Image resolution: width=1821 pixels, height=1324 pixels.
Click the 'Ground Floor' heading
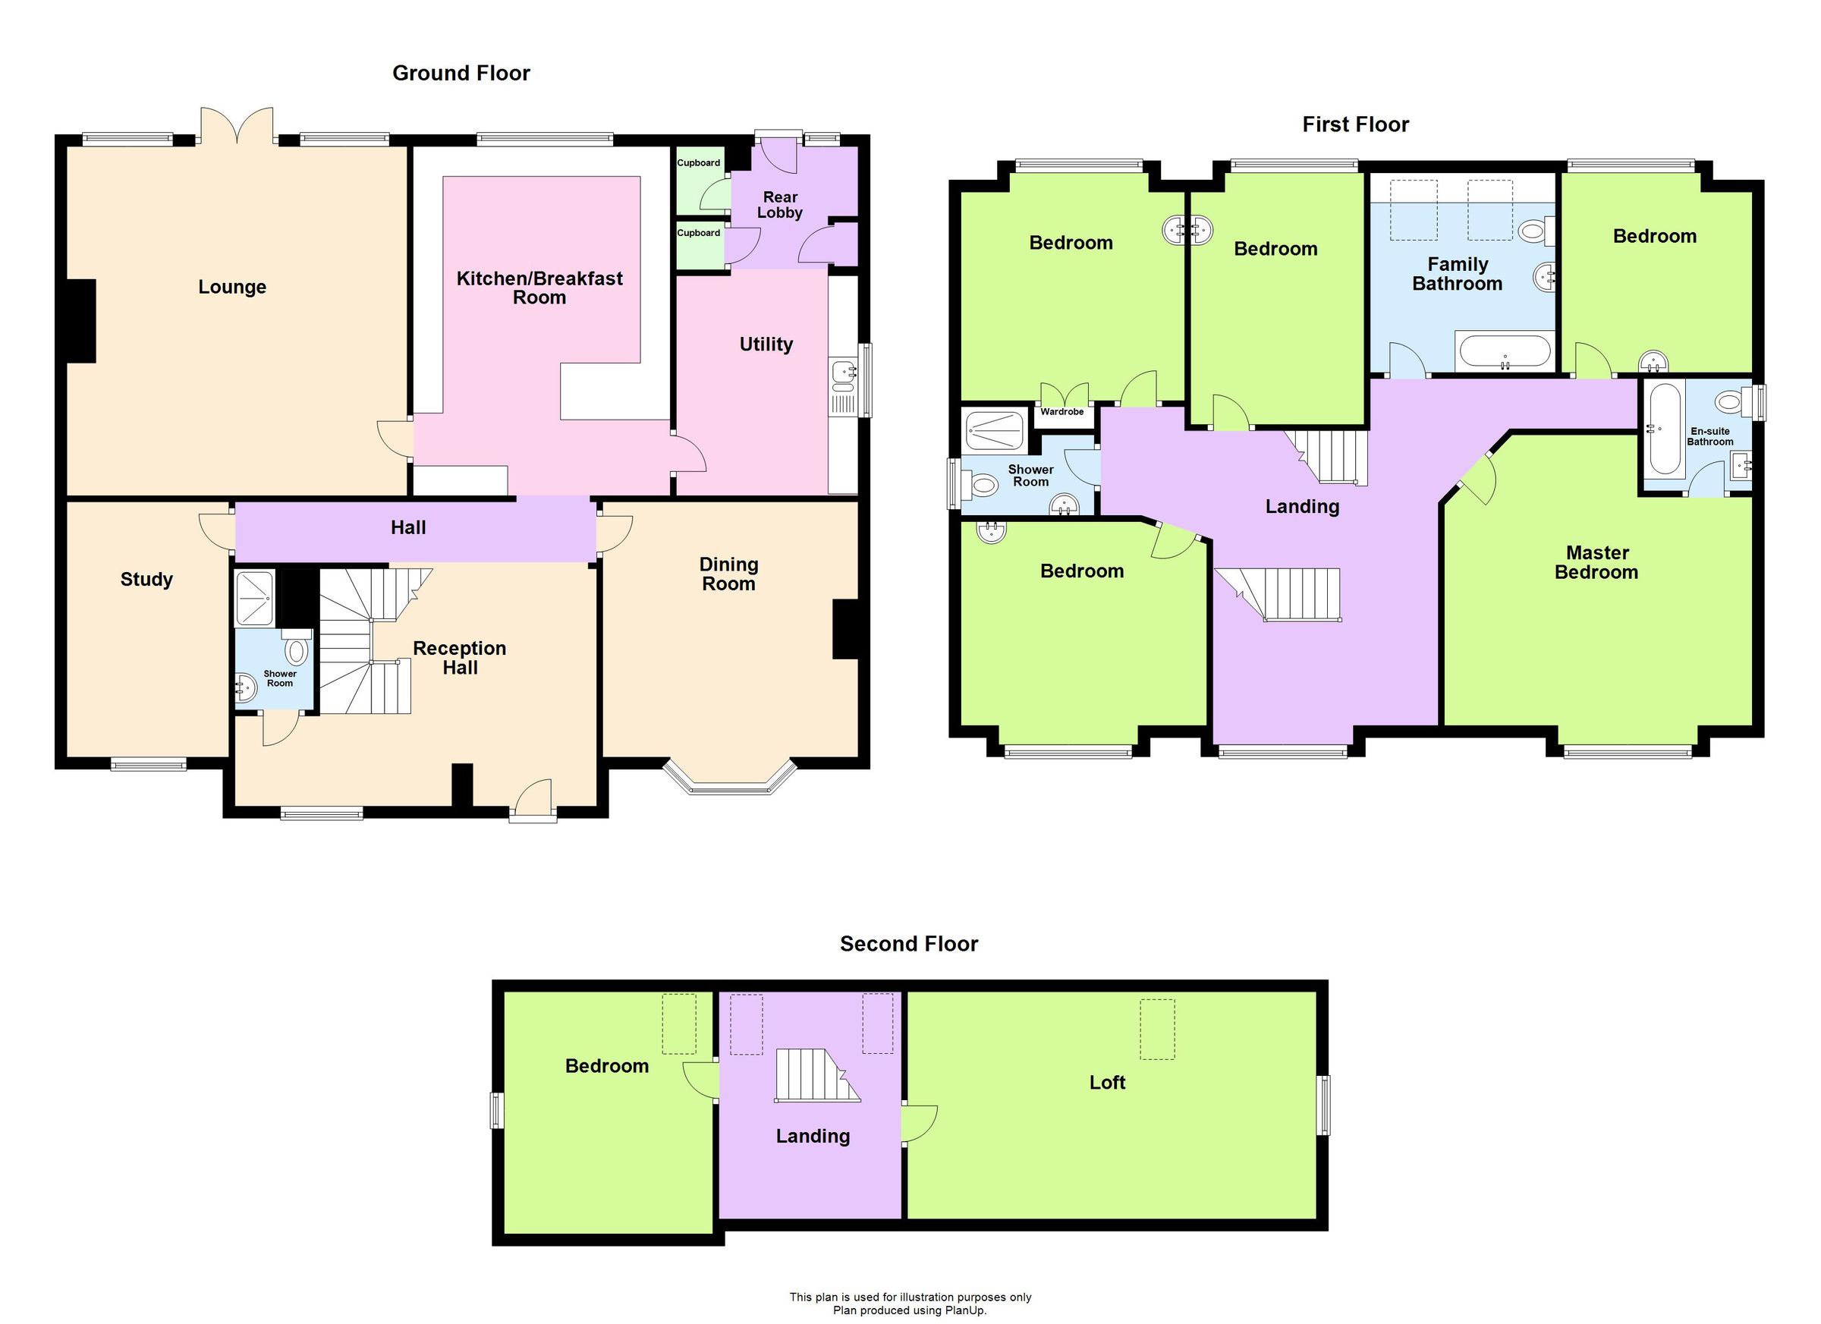pyautogui.click(x=461, y=73)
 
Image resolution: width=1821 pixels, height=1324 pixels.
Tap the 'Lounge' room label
pyautogui.click(x=232, y=287)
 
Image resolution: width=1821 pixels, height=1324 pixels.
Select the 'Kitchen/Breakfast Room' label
pyautogui.click(x=539, y=288)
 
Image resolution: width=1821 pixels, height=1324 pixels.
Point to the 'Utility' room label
pyautogui.click(x=766, y=344)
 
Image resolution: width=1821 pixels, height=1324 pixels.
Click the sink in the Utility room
pyautogui.click(x=842, y=373)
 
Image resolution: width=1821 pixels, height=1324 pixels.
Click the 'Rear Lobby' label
pyautogui.click(x=780, y=205)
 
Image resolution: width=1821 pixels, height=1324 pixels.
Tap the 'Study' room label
pyautogui.click(x=146, y=579)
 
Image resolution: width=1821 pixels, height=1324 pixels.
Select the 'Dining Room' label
pyautogui.click(x=728, y=574)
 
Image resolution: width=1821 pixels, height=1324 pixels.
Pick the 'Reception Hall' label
pyautogui.click(x=459, y=658)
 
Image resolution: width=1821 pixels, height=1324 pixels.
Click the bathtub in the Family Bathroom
pyautogui.click(x=1504, y=351)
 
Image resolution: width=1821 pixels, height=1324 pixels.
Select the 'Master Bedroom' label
pyautogui.click(x=1596, y=562)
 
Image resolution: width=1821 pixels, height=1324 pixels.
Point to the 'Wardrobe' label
pyautogui.click(x=1061, y=412)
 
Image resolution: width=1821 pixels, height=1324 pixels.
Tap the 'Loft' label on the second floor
pyautogui.click(x=1107, y=1082)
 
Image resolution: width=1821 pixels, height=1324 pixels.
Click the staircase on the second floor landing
pyautogui.click(x=814, y=1075)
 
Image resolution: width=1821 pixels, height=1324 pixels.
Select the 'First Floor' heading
pyautogui.click(x=1355, y=124)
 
